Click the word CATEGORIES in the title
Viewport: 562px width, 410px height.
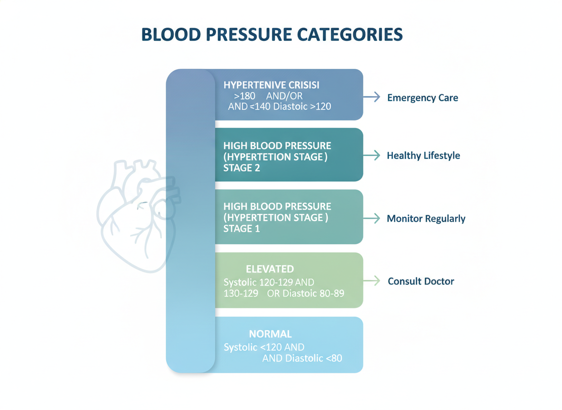(x=350, y=35)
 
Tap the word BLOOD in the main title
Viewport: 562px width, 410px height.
(x=171, y=35)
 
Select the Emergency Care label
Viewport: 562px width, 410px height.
(x=422, y=98)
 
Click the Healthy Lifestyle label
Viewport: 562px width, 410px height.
(x=423, y=156)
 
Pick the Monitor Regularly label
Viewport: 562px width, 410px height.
(x=426, y=219)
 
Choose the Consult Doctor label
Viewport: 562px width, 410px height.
(x=421, y=281)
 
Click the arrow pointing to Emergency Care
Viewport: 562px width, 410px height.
(x=371, y=97)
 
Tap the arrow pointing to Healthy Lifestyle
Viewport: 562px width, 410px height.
(x=371, y=155)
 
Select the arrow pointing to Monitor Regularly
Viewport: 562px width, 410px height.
(x=371, y=218)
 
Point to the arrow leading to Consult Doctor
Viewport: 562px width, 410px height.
(x=371, y=280)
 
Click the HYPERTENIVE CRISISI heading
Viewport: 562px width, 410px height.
(x=272, y=85)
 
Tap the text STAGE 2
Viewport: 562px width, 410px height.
(x=242, y=168)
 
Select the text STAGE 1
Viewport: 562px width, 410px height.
(x=242, y=229)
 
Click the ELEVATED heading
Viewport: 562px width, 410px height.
(x=270, y=269)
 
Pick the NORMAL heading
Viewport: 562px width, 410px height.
(x=270, y=334)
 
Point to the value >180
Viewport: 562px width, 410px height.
(x=244, y=96)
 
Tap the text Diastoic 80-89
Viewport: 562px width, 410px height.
(x=313, y=294)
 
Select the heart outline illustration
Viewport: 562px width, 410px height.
(x=139, y=215)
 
